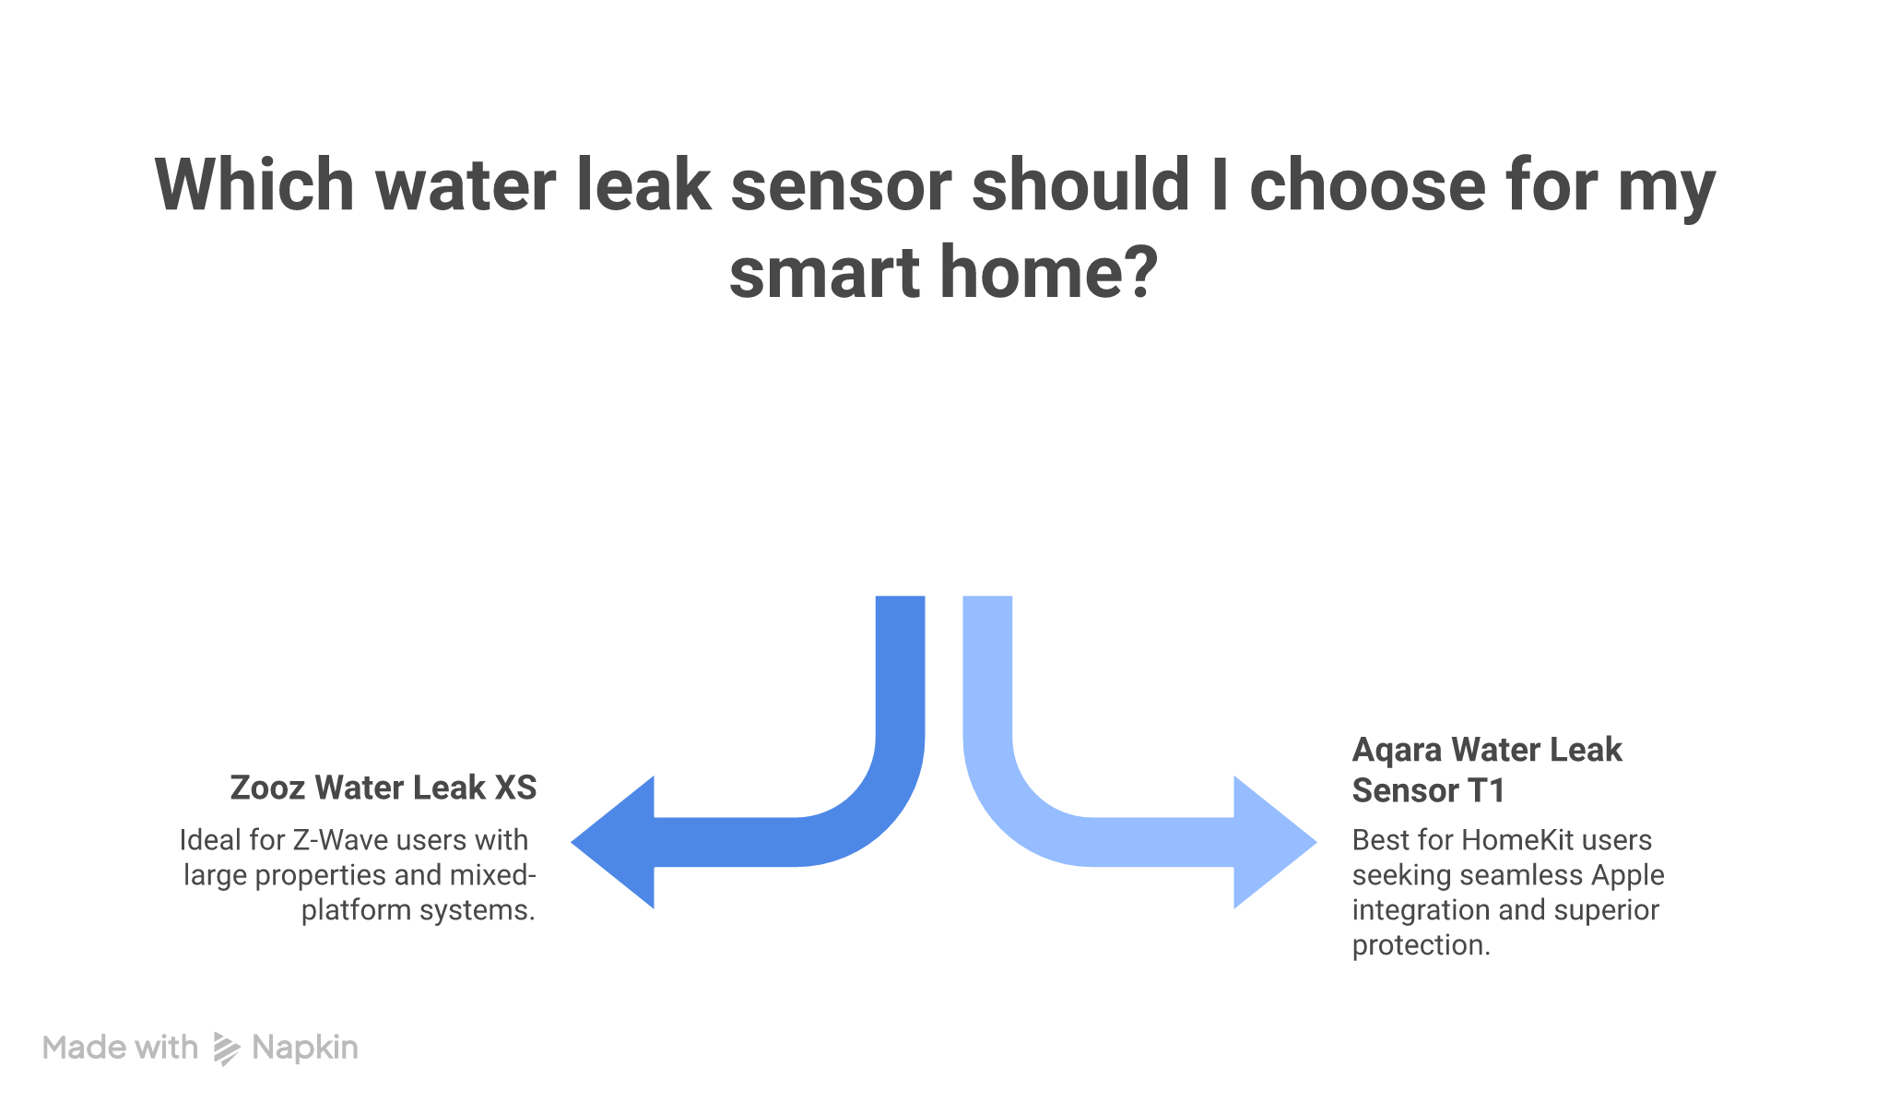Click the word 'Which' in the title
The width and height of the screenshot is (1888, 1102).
254,185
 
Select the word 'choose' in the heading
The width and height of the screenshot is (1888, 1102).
1367,185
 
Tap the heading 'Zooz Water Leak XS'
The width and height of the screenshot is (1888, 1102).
383,788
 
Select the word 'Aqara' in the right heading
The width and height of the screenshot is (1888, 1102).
1396,751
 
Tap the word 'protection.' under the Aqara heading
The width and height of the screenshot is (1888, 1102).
1421,945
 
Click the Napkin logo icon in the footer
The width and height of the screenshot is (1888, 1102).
226,1049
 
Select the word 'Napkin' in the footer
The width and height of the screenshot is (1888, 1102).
305,1049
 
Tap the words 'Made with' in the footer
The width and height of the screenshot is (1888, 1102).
120,1049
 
